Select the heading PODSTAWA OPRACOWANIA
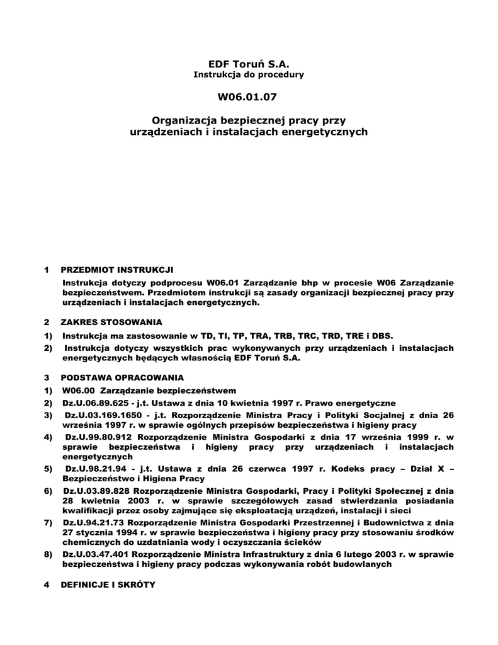122,377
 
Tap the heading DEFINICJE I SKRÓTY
107,584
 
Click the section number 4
47,584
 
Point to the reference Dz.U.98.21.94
94,469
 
